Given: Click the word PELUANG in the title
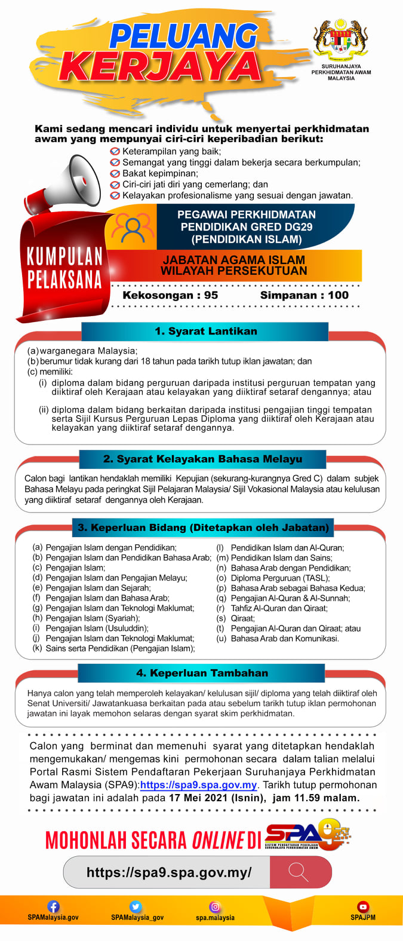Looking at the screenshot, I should pyautogui.click(x=183, y=36).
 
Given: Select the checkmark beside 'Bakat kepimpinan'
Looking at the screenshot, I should pyautogui.click(x=115, y=173).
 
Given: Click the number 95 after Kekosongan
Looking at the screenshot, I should pyautogui.click(x=211, y=295).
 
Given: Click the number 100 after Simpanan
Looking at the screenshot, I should pyautogui.click(x=338, y=295).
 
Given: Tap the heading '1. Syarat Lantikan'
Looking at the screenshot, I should pyautogui.click(x=205, y=331).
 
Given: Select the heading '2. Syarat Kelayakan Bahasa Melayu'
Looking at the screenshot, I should pyautogui.click(x=202, y=459).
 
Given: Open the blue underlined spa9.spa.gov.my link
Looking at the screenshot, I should pyautogui.click(x=198, y=785).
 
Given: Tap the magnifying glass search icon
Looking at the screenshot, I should pyautogui.click(x=298, y=872).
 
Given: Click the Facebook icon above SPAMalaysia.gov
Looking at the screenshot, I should pyautogui.click(x=53, y=906).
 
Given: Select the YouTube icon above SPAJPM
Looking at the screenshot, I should pyautogui.click(x=362, y=906).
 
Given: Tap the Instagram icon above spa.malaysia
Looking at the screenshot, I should pyautogui.click(x=215, y=906).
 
